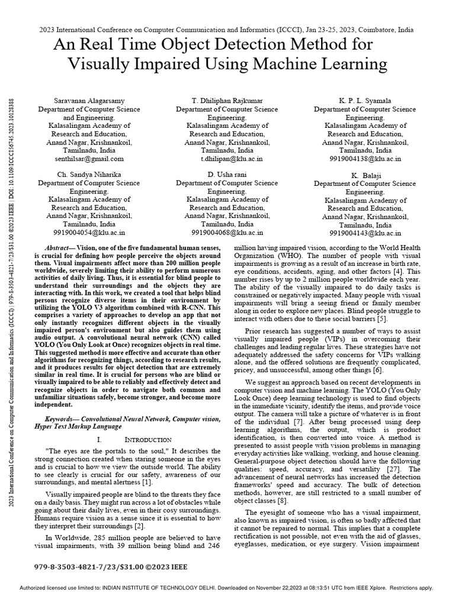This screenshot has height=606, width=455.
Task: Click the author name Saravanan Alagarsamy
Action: click(89, 101)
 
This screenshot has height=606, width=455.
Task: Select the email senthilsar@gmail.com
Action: click(89, 159)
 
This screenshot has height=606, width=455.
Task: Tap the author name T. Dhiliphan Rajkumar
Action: click(226, 101)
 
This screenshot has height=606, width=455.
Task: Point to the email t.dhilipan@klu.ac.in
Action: click(226, 159)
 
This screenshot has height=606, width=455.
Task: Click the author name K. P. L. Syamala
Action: click(364, 101)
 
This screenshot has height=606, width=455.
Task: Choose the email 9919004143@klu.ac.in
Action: click(364, 233)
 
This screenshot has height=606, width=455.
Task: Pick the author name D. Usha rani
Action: click(226, 175)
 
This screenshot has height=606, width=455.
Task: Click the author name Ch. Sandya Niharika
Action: click(89, 175)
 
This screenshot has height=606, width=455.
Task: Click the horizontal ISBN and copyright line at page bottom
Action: click(111, 566)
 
